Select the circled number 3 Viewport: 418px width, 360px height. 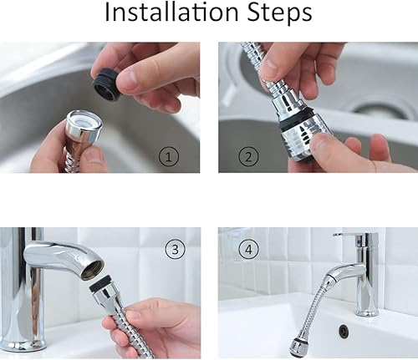(174, 247)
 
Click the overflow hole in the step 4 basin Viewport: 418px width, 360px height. (344, 331)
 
